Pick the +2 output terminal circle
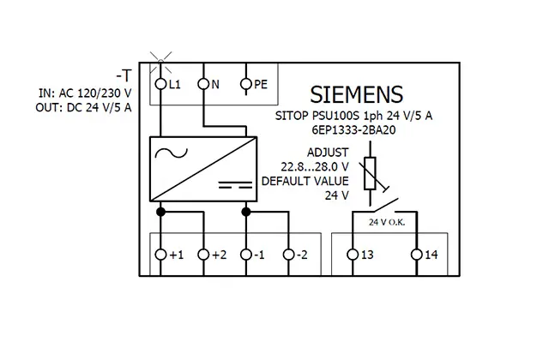coord(203,255)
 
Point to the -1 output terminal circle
coord(246,255)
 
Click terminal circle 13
coord(353,255)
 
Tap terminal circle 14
coord(417,255)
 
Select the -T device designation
coord(124,76)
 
